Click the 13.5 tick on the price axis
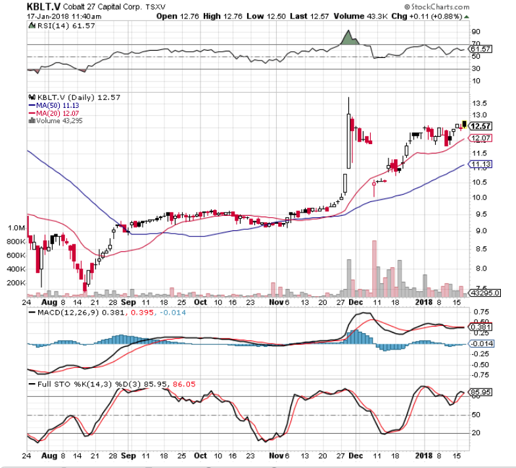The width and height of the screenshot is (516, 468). (479, 103)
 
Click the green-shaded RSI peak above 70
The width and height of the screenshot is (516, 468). (349, 38)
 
